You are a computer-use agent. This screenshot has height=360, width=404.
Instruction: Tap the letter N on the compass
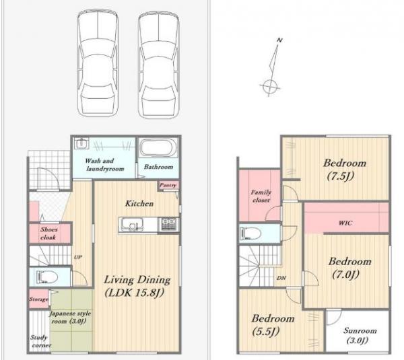pos(279,40)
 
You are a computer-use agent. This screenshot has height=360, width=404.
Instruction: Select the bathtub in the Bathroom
pos(159,148)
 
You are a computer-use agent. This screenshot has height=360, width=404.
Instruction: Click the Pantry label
pos(168,185)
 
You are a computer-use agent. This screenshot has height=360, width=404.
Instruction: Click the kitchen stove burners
pos(169,224)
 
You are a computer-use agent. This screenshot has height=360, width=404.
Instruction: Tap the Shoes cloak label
pos(48,233)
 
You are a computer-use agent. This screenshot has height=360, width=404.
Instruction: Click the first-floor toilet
pos(46,277)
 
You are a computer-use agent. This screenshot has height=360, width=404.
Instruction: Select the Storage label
pos(38,299)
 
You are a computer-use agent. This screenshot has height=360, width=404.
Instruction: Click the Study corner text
pos(40,341)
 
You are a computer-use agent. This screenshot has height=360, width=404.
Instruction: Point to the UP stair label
pos(78,257)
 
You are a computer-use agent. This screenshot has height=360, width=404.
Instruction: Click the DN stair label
pos(281,278)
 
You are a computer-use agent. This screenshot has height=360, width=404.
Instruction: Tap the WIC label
pos(345,223)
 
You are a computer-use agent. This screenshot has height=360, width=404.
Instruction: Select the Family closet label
pos(261,196)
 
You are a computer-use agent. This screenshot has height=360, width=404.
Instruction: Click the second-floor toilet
pos(250,233)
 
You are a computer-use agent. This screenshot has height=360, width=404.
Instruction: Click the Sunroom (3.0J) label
pos(360,336)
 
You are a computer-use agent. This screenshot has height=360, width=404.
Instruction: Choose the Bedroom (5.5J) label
pos(273,325)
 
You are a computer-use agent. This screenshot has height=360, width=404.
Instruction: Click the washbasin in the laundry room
pos(81,144)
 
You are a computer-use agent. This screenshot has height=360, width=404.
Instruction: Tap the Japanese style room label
pos(70,317)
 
